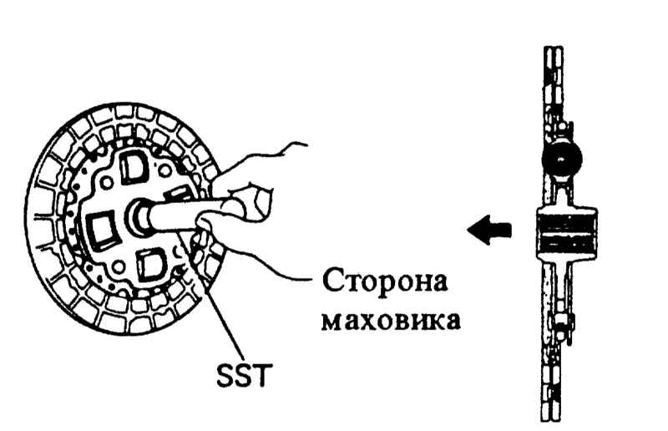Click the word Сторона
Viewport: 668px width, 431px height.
click(x=385, y=281)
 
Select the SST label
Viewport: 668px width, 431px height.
click(x=244, y=376)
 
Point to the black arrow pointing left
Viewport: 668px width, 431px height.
click(x=489, y=230)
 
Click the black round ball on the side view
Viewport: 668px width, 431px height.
click(x=561, y=158)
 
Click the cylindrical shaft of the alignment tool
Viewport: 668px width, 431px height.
click(x=183, y=215)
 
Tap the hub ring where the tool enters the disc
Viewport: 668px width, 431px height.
click(x=137, y=217)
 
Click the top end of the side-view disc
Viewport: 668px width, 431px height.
click(x=553, y=48)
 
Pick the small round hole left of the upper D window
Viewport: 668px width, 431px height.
click(x=106, y=183)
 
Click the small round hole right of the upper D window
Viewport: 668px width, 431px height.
click(x=164, y=170)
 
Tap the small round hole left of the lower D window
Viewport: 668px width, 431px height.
click(x=118, y=268)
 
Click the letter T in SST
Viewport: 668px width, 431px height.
click(x=262, y=376)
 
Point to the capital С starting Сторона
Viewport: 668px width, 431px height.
click(x=331, y=281)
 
